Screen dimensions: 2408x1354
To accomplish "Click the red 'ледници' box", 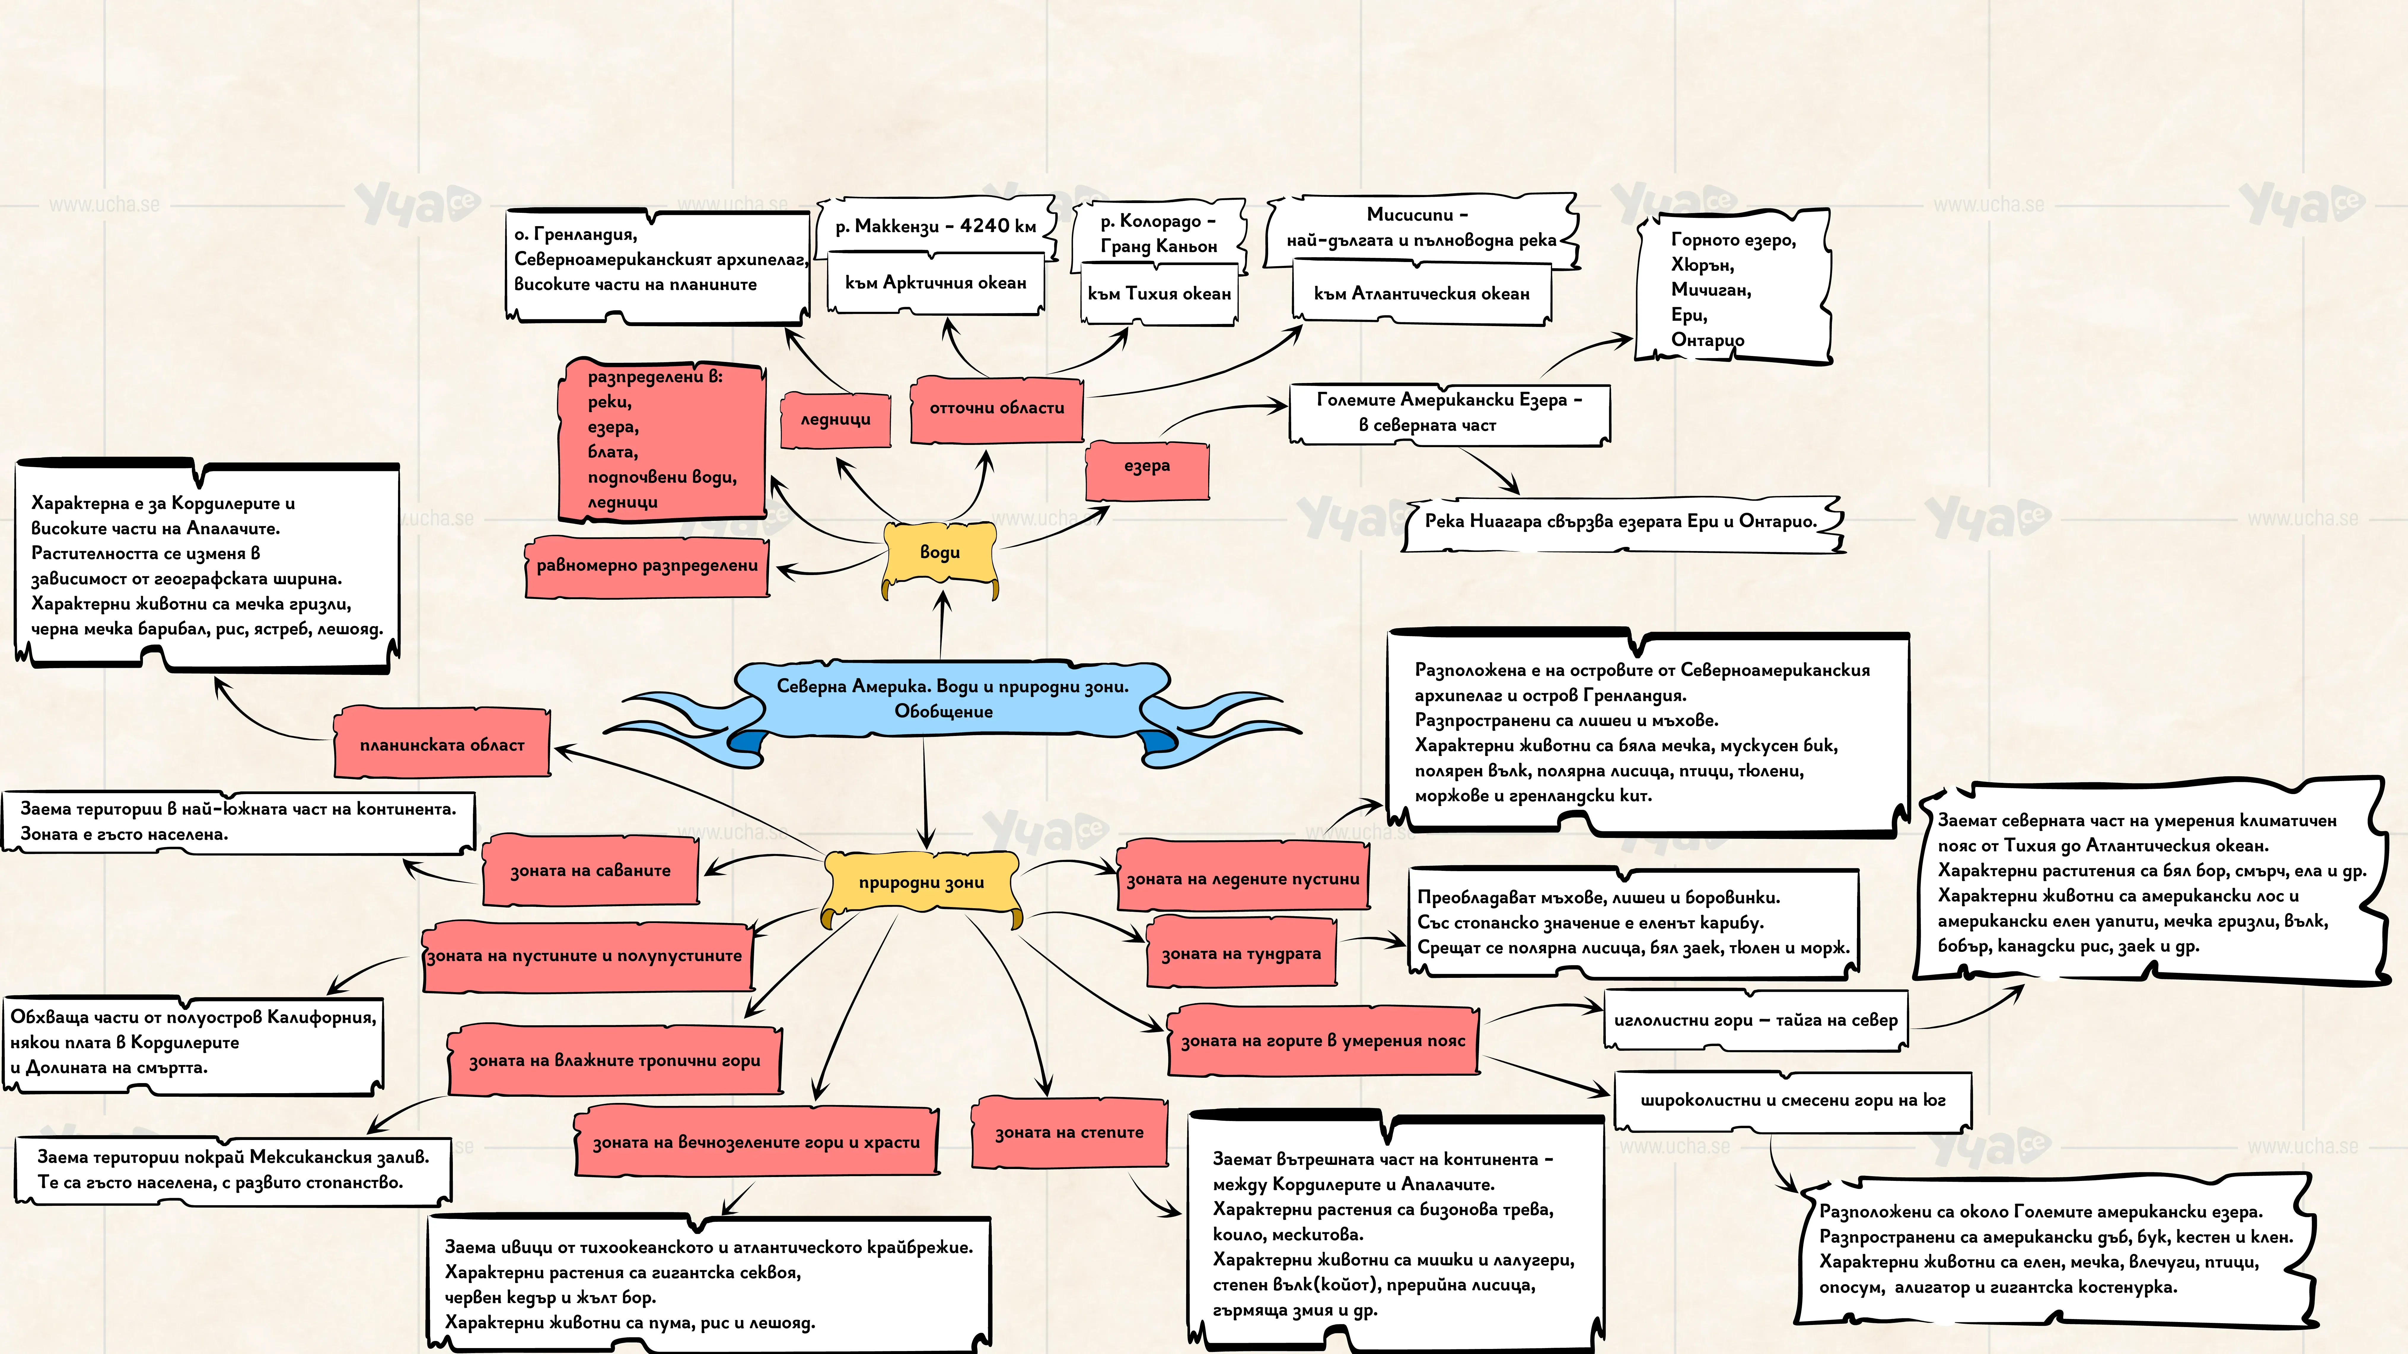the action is tap(835, 419).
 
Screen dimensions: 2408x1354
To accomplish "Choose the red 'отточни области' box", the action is tap(996, 408).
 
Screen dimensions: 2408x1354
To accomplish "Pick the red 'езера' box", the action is tap(1147, 466).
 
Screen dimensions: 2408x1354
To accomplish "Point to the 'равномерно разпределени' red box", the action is tap(647, 565).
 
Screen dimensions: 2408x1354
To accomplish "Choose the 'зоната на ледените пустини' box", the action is tap(1243, 878).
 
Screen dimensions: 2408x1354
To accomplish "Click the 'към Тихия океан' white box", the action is tap(1159, 293).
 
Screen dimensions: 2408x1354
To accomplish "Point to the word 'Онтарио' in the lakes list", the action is tap(1707, 340).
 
